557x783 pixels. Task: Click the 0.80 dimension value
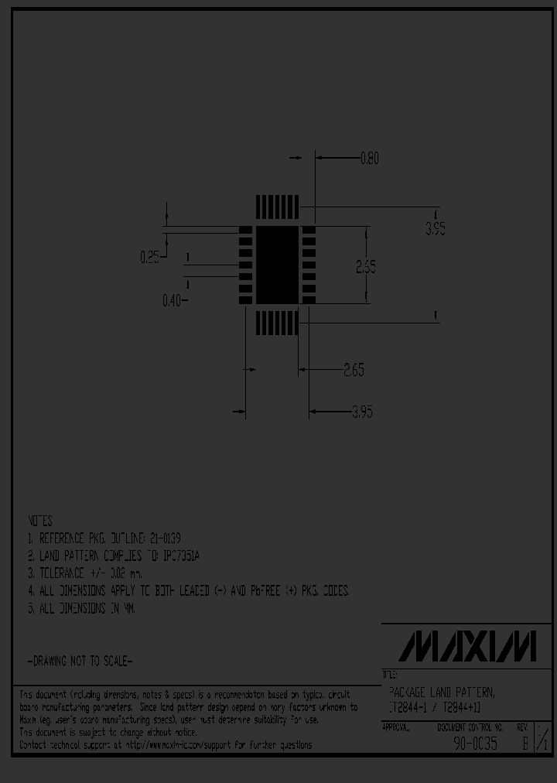[x=370, y=159]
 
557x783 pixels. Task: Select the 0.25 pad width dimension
[x=149, y=258]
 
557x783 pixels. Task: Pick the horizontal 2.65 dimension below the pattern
[x=353, y=370]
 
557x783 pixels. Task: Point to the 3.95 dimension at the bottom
[x=362, y=412]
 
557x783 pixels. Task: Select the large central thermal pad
[x=277, y=265]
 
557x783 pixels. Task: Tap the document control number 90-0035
[x=475, y=745]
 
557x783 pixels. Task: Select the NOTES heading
[x=39, y=521]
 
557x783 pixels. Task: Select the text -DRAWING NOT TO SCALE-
[x=80, y=662]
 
